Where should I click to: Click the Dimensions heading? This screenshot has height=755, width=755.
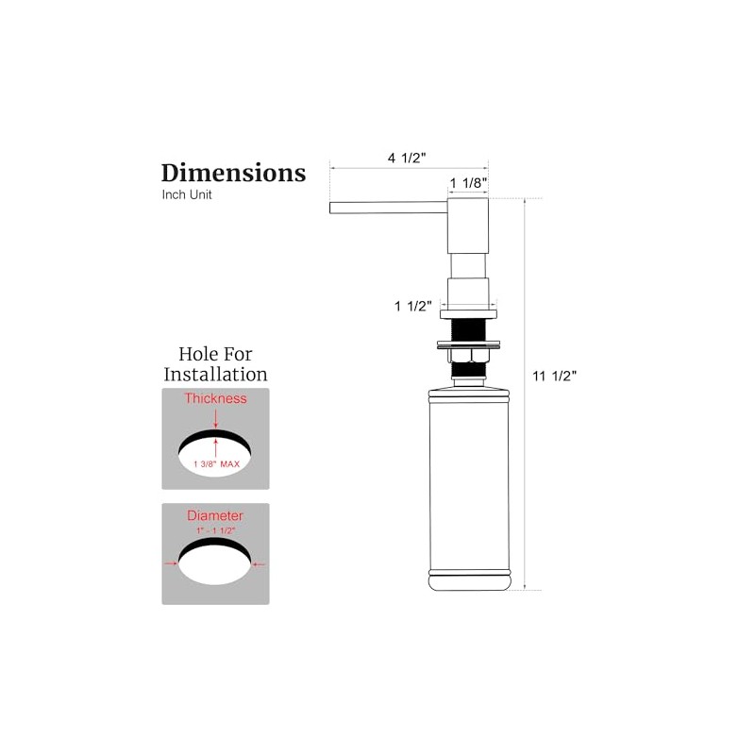(x=233, y=173)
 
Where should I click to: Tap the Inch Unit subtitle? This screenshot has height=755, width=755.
(x=187, y=194)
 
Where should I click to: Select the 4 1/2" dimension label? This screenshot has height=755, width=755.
(x=407, y=158)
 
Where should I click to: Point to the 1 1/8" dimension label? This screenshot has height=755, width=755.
(x=468, y=183)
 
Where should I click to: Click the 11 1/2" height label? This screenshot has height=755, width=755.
(x=554, y=376)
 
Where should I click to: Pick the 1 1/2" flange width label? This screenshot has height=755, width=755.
(x=413, y=306)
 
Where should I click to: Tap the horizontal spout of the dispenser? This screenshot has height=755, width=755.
(x=389, y=208)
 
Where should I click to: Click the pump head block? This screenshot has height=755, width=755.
(x=468, y=226)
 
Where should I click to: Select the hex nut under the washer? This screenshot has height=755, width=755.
(x=468, y=356)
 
